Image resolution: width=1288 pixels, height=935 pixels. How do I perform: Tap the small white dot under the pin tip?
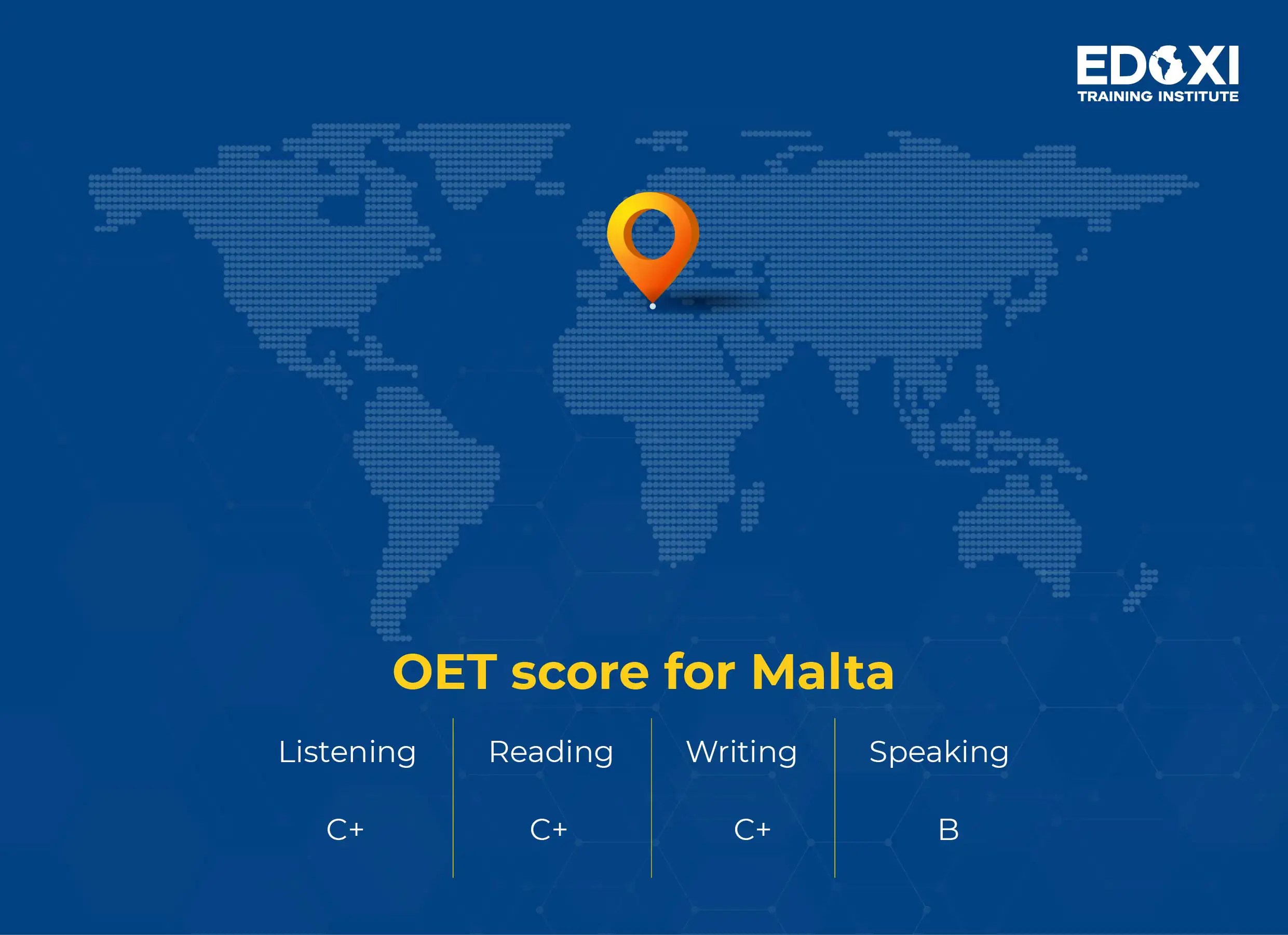[x=653, y=306]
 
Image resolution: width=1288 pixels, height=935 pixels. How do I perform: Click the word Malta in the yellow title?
[x=822, y=672]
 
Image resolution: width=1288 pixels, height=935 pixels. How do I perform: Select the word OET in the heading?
[x=445, y=672]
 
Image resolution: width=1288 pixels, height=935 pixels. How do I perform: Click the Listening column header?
[x=347, y=752]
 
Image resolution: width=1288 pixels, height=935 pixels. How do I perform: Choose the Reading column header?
[x=551, y=752]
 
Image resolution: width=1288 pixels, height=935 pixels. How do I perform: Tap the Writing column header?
[x=741, y=752]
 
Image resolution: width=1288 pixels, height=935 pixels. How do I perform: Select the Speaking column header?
[x=939, y=752]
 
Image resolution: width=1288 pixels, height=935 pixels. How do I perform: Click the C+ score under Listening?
[x=345, y=830]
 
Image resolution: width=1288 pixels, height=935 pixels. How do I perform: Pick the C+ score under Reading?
[x=549, y=830]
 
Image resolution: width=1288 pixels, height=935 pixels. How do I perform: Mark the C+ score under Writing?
[x=752, y=830]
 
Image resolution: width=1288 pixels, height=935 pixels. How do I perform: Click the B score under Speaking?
[x=948, y=830]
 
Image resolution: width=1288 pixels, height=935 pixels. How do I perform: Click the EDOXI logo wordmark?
[x=1157, y=66]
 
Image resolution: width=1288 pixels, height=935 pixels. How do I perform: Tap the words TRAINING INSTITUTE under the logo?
[x=1158, y=97]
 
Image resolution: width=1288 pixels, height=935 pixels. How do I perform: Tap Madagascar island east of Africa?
[x=751, y=506]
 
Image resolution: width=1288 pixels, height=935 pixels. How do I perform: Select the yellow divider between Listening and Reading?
[x=453, y=797]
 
